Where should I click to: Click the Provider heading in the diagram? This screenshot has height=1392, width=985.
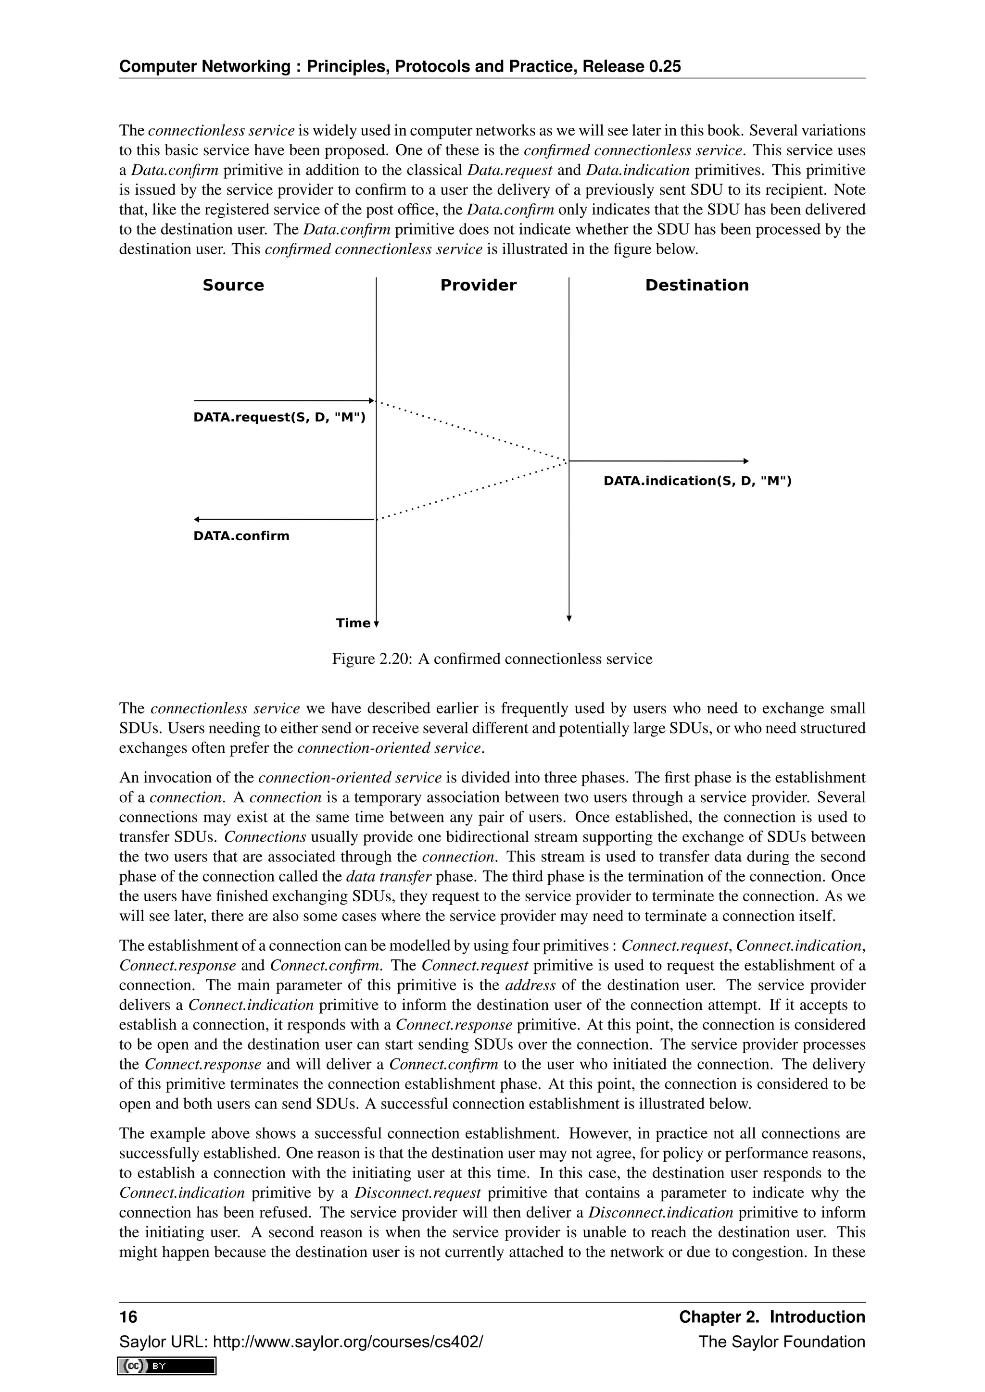coord(478,286)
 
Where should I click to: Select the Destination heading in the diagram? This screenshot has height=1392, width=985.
coord(696,286)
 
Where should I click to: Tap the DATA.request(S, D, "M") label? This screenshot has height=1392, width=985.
coord(279,418)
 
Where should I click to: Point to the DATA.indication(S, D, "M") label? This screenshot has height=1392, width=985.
coord(697,481)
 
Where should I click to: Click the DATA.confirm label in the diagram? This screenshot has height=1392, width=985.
coord(241,536)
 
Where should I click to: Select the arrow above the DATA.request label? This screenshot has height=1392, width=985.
coord(284,401)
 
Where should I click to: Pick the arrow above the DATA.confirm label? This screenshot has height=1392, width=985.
coord(284,520)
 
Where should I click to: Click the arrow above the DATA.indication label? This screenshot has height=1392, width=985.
coord(658,461)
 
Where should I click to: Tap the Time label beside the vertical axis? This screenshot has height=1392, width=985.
coord(353,623)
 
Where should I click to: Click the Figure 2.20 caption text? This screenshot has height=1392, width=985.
coord(492,659)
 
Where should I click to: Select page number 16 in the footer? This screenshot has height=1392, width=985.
coord(128,1317)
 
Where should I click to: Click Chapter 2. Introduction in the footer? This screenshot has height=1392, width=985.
coord(771,1317)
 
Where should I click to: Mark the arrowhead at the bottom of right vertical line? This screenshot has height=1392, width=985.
coord(569,619)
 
